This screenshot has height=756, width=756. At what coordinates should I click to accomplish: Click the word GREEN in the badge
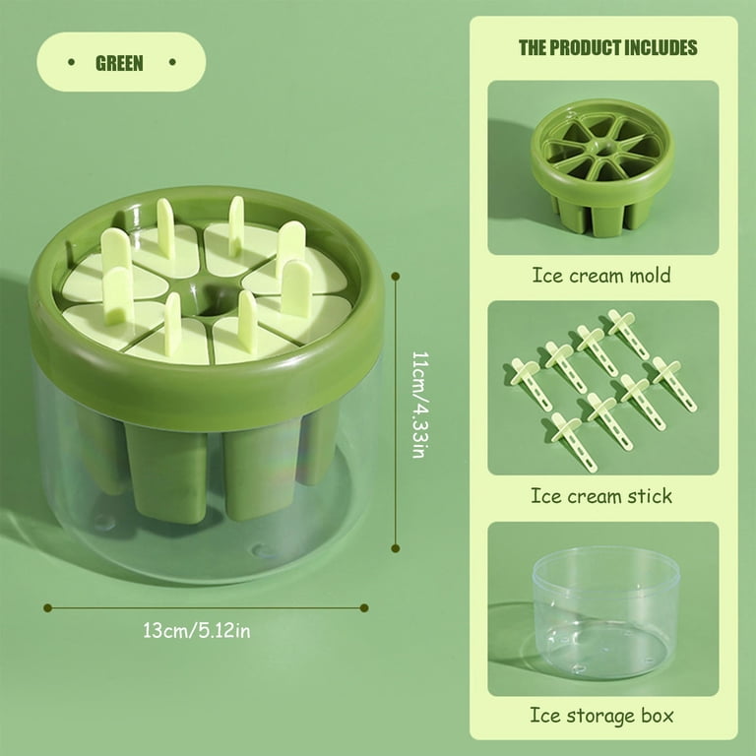coord(119,63)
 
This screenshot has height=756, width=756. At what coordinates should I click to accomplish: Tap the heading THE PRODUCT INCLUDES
coord(608,47)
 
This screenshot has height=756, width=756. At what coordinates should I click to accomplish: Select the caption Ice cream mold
coord(601,276)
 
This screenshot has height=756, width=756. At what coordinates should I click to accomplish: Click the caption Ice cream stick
coord(601,496)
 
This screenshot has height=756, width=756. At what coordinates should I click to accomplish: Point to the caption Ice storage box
coord(601,716)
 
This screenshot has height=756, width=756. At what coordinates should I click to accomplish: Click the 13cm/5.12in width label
coord(197,631)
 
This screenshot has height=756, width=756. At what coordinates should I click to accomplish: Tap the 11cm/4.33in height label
coord(420,405)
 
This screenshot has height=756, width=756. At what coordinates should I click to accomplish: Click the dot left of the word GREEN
coord(71,62)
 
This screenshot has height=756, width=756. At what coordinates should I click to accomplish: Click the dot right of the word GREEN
coord(172,62)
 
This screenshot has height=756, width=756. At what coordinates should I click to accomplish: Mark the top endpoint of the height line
coord(396,277)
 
